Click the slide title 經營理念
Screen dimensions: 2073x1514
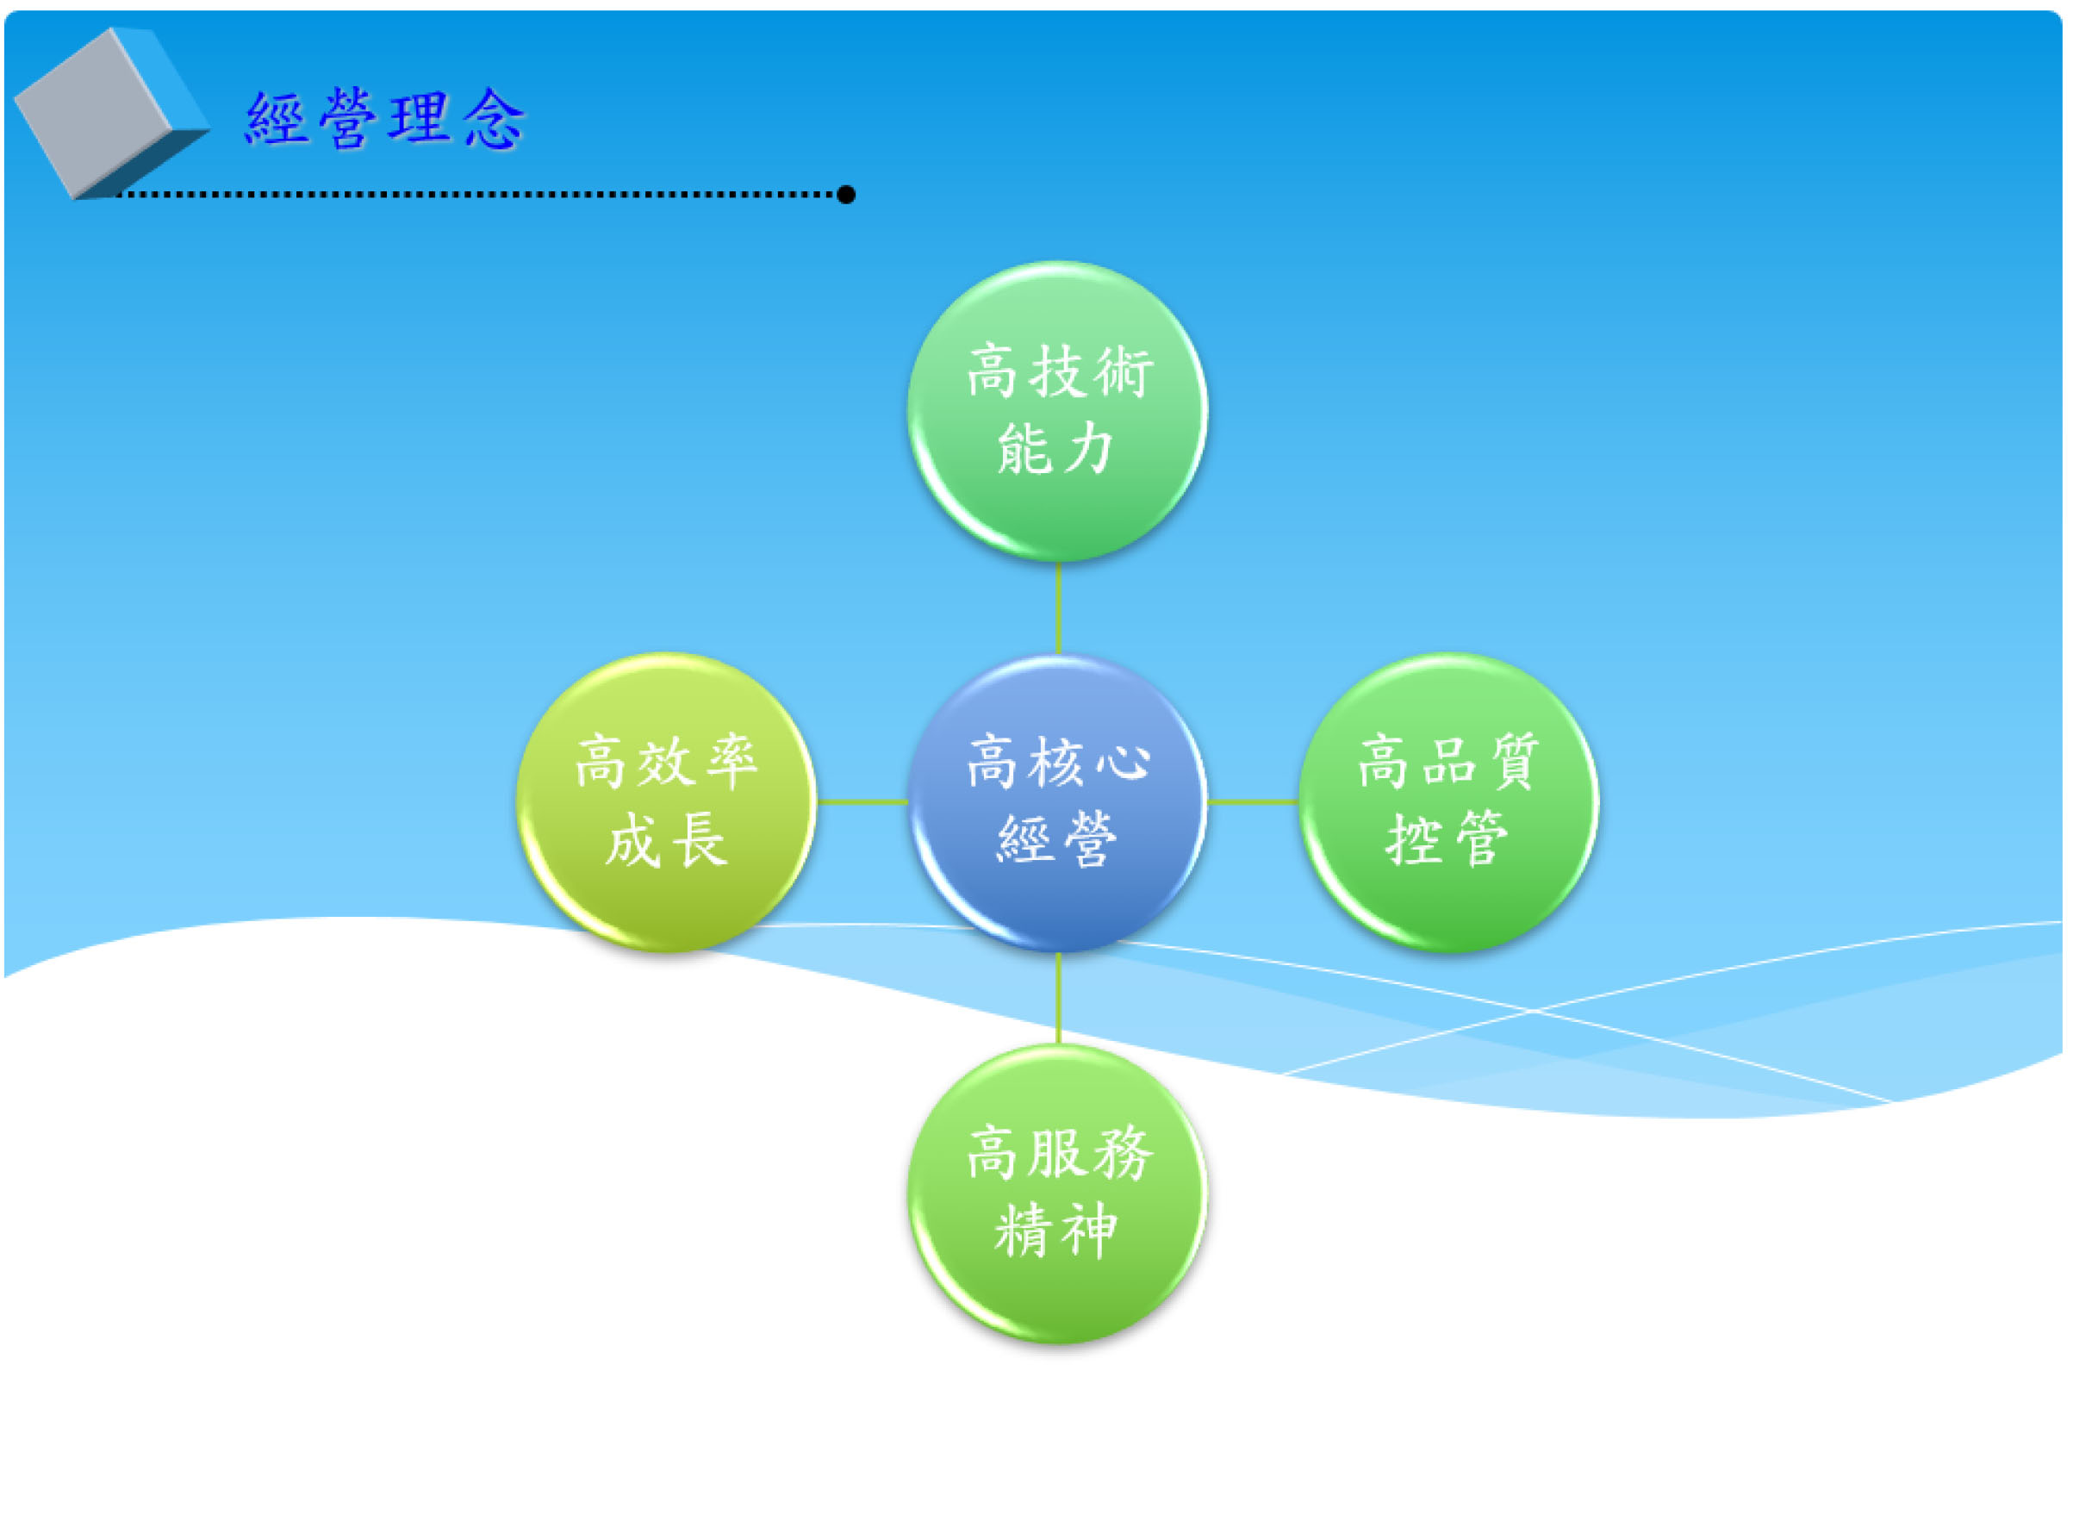coord(385,119)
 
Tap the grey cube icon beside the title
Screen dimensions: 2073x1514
coord(112,114)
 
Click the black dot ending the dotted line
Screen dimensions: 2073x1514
coord(846,194)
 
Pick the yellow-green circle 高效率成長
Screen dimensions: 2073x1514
coord(666,803)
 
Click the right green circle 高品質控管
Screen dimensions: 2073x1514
coord(1449,803)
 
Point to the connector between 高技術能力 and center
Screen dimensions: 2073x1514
coord(1059,607)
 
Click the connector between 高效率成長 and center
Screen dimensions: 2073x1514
coord(862,802)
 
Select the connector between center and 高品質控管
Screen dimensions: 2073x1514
coord(1253,802)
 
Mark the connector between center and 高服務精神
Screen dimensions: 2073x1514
coord(1059,999)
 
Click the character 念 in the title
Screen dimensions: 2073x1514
coord(494,119)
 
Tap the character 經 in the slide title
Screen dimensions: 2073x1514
coord(276,119)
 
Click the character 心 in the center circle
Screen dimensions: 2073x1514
coord(1124,763)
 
